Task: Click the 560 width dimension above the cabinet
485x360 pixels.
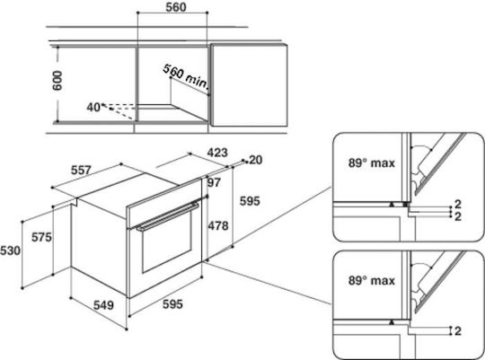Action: point(176,7)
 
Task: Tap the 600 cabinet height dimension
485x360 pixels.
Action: point(57,81)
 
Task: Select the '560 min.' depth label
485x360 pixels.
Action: point(185,76)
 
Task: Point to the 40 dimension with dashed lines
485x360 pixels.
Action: point(93,108)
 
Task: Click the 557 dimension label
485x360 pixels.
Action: point(81,170)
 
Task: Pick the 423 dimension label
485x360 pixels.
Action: point(217,153)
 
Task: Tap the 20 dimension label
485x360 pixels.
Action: point(255,160)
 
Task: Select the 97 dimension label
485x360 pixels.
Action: point(214,182)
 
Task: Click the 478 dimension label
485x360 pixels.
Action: point(218,225)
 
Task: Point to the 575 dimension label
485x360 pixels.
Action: point(41,237)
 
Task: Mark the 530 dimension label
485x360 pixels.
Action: point(10,250)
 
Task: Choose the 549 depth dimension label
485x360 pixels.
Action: point(103,305)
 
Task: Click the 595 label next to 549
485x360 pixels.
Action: point(172,304)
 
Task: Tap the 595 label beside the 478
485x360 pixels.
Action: point(250,201)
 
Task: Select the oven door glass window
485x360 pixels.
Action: point(167,242)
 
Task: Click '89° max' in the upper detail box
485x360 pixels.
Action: point(372,163)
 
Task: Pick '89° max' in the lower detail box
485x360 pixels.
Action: point(372,280)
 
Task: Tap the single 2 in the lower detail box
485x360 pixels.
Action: point(458,331)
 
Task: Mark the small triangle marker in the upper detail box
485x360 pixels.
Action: point(392,204)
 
